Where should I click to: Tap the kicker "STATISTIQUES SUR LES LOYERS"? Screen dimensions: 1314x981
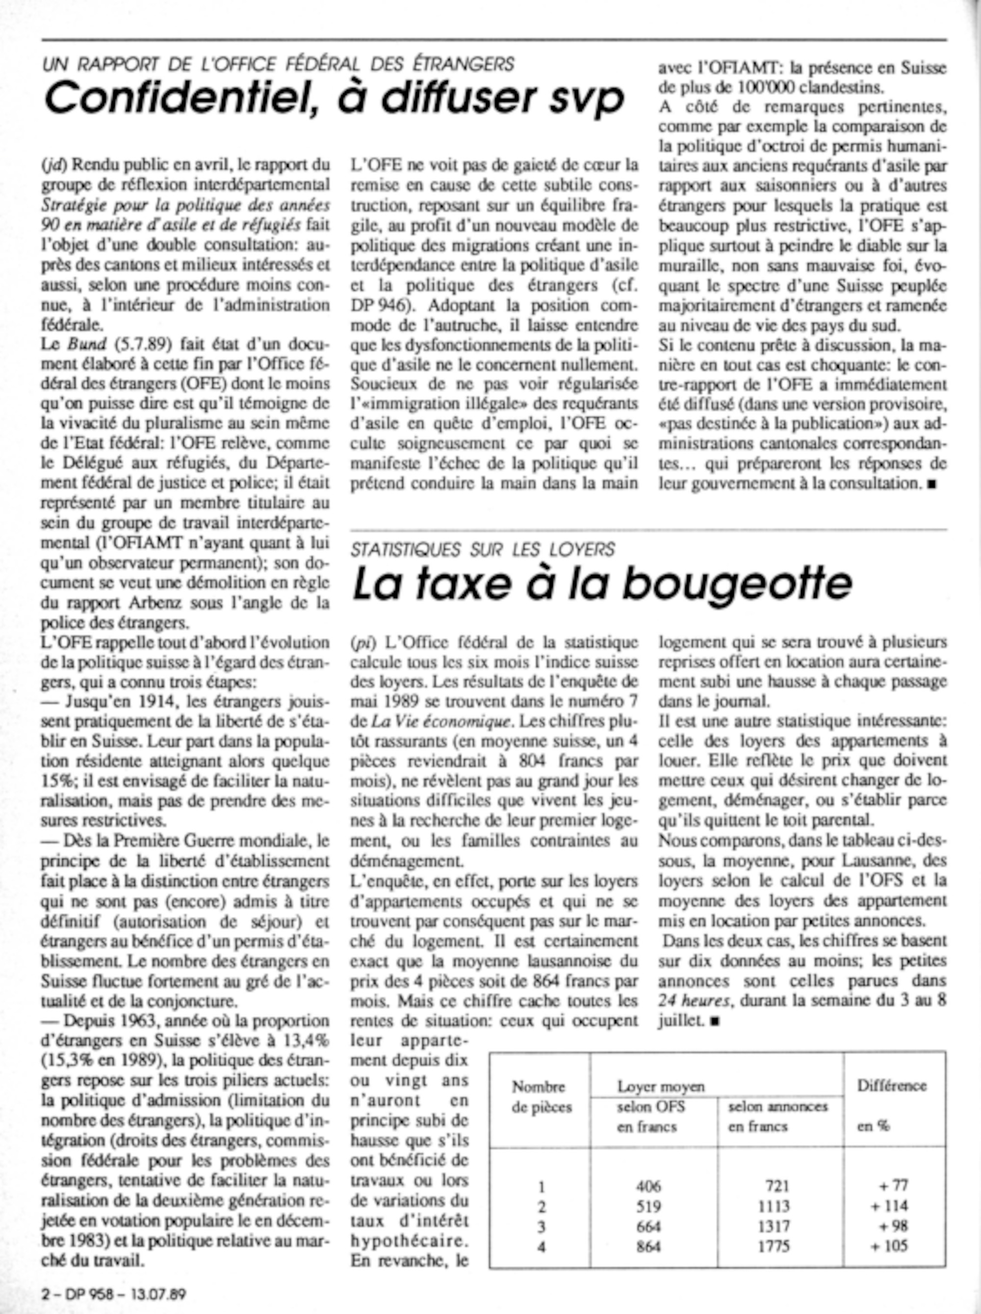pos(482,550)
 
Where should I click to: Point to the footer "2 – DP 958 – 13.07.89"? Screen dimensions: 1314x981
pos(113,1294)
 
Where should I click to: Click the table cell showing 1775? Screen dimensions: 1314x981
pos(773,1246)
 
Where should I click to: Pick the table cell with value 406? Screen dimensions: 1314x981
pos(647,1186)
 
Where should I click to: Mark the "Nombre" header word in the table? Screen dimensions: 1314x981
pos(539,1087)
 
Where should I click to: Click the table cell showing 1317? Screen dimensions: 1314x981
pos(773,1226)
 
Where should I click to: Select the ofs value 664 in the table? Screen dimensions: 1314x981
pos(647,1226)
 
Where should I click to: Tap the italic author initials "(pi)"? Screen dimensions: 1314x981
pos(361,643)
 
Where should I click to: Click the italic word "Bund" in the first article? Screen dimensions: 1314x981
pos(80,344)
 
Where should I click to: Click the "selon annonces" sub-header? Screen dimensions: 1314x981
pos(777,1107)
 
